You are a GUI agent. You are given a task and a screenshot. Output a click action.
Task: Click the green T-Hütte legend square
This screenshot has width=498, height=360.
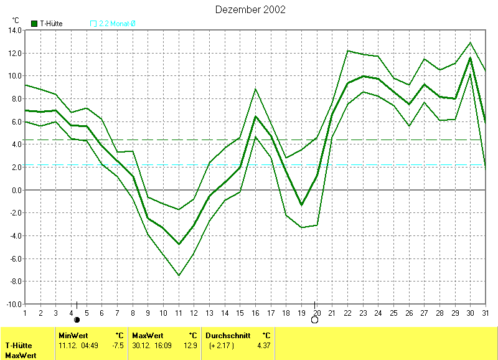34,24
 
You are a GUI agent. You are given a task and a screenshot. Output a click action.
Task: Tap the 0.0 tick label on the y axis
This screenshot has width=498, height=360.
16,190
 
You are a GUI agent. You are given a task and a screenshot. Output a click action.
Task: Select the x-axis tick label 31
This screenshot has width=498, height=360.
486,313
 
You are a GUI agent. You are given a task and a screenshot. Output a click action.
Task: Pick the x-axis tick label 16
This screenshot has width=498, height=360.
255,313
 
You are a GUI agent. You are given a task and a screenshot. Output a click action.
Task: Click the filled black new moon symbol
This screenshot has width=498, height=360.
77,320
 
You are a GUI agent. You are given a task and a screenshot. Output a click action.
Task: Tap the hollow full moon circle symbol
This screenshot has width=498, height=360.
314,320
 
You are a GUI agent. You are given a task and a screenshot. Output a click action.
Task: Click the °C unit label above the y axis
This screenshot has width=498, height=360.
15,20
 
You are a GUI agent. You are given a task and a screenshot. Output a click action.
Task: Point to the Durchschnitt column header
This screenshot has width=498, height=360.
228,335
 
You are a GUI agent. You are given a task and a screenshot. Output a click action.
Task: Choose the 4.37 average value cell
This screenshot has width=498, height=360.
264,345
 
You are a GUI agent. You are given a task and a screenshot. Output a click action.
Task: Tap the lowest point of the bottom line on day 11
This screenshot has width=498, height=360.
179,275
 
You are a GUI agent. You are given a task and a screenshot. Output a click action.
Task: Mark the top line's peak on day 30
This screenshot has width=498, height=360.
470,42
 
